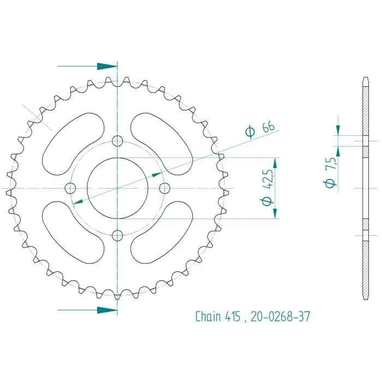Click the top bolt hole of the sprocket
[x=117, y=141]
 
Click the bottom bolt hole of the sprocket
[x=117, y=235]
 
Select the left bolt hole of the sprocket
[x=70, y=188]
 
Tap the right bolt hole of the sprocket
[x=165, y=188]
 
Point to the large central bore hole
[x=117, y=188]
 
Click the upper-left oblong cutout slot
[x=73, y=144]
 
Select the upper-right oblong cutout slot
[x=162, y=144]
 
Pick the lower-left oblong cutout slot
[x=73, y=232]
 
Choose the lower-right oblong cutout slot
[x=162, y=232]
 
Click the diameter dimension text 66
[x=268, y=126]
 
